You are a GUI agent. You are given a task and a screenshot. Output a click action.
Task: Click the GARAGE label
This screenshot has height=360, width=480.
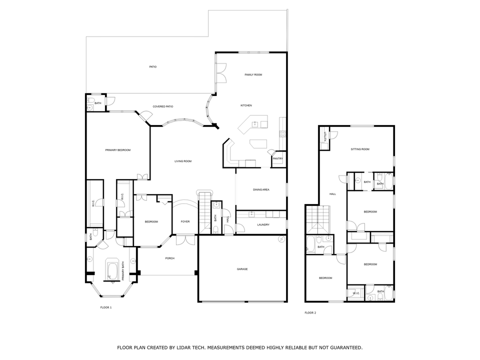(x=242, y=269)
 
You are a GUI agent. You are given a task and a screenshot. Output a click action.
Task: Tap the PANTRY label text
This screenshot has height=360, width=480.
(x=278, y=158)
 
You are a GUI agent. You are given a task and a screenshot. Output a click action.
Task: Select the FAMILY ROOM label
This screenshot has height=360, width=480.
(x=253, y=74)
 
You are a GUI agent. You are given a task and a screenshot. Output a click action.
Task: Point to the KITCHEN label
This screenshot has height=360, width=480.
(x=245, y=105)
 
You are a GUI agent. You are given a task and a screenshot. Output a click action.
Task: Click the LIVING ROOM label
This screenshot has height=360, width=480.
(x=183, y=161)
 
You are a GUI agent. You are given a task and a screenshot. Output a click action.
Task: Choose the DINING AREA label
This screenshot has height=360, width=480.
(x=261, y=189)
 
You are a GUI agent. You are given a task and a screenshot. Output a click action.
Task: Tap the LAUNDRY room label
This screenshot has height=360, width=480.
(x=263, y=224)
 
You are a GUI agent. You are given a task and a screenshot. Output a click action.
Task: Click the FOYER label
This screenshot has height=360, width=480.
(x=185, y=221)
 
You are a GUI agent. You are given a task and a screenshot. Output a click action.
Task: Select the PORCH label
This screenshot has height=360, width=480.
(x=169, y=258)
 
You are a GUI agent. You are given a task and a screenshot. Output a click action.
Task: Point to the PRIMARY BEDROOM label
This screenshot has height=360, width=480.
(x=117, y=150)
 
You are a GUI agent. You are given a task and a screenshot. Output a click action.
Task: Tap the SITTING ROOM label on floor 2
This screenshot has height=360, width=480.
(x=359, y=149)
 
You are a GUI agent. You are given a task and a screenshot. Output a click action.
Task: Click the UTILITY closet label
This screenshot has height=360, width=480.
(x=324, y=137)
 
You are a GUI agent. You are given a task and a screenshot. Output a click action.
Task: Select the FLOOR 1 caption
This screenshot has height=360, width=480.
(x=106, y=307)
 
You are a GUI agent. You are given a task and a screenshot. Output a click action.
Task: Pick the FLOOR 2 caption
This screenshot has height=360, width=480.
(x=310, y=313)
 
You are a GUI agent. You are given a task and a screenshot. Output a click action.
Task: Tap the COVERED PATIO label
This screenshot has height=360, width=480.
(x=162, y=106)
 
